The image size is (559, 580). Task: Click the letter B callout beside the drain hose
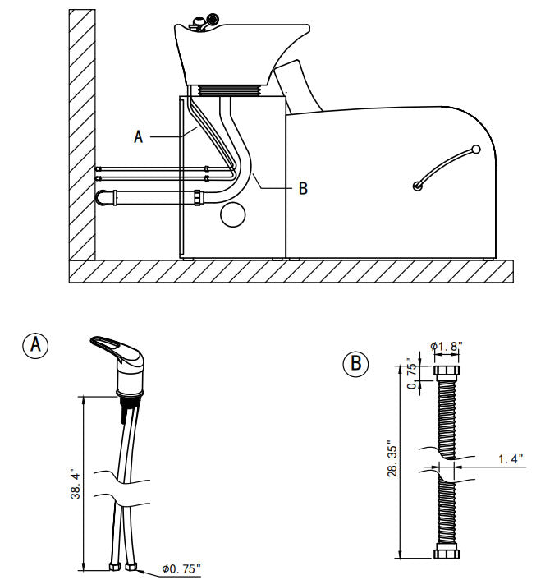coord(303,188)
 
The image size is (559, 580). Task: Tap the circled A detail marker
coord(35,345)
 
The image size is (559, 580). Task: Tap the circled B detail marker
coord(355,364)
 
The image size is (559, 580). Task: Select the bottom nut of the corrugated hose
coord(447,553)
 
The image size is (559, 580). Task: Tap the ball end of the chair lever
coord(475,150)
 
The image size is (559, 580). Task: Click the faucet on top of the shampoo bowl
coord(204,22)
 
